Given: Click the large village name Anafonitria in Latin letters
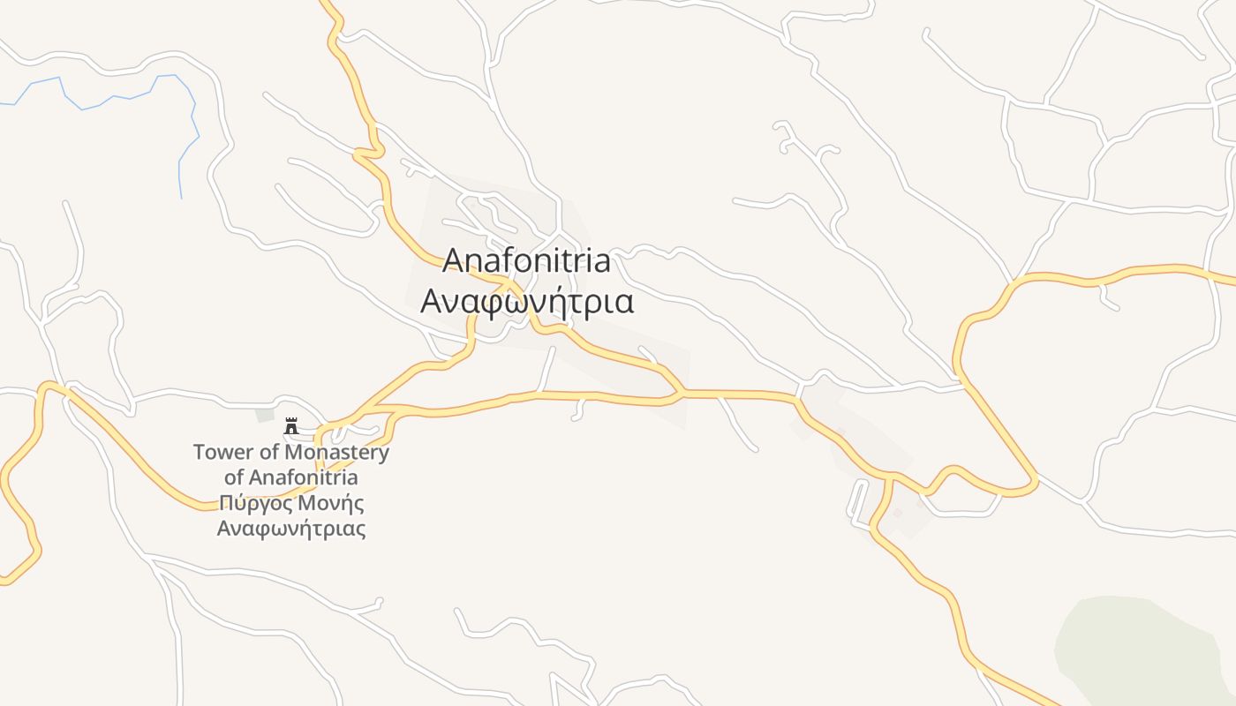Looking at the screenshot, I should tap(526, 261).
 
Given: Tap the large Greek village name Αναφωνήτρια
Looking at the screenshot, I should tap(527, 302).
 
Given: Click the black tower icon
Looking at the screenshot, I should tap(291, 426).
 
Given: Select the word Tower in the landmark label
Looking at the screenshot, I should tap(217, 453).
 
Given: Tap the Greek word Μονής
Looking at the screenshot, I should tap(330, 504).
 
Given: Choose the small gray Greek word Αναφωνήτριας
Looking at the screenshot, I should tap(291, 529).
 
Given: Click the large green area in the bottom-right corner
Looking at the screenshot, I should tap(1139, 649).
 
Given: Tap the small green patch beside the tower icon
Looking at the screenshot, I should tap(265, 415).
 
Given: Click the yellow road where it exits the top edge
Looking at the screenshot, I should tap(325, 4).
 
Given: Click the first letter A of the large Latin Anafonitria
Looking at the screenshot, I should tap(453, 261).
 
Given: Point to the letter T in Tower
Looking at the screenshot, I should tap(199, 453).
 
